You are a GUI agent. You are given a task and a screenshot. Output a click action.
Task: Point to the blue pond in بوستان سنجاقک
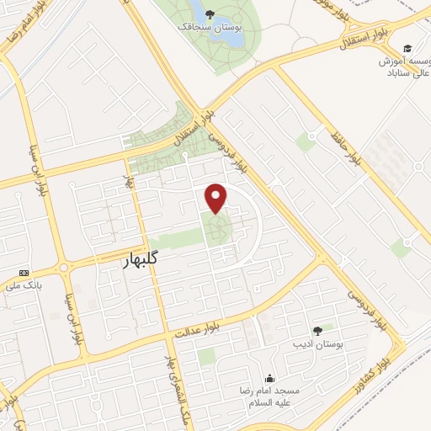tap(199, 12)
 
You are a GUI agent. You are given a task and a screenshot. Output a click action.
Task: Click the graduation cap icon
tap(408, 48)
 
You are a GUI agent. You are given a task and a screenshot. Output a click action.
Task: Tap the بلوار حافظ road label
tap(359, 148)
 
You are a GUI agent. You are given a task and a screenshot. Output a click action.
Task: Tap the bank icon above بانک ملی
tap(24, 273)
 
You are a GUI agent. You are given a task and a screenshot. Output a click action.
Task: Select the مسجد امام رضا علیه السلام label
tap(269, 397)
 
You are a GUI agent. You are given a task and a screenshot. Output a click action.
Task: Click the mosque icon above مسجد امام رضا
tap(269, 378)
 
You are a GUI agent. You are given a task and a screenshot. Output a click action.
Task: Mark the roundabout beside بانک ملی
tap(63, 269)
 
